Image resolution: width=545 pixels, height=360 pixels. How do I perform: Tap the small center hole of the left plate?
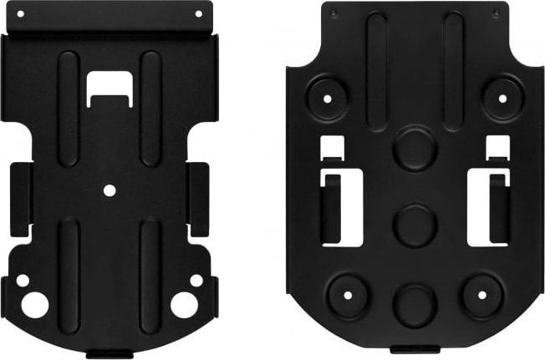(110, 190)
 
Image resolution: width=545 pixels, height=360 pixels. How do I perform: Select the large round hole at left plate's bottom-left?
(34, 305)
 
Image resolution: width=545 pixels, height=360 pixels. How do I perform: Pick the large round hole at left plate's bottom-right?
(184, 305)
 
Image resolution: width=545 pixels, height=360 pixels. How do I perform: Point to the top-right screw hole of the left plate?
(198, 13)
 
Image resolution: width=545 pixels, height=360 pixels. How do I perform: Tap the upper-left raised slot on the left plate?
(69, 107)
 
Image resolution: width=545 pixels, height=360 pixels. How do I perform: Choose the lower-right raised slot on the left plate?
(150, 276)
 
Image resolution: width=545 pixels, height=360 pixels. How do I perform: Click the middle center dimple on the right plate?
(413, 224)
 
